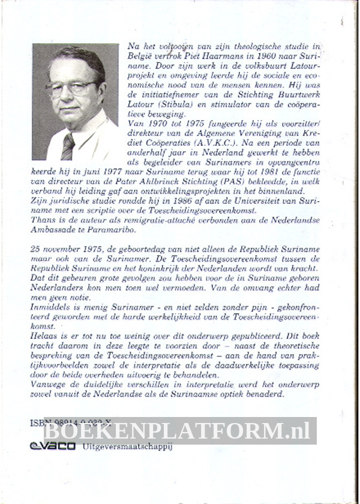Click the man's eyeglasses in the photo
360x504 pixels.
(x=71, y=88)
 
